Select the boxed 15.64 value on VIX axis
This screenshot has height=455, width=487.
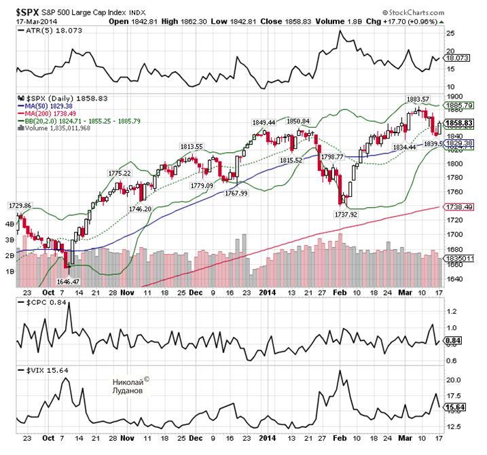point(456,407)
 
